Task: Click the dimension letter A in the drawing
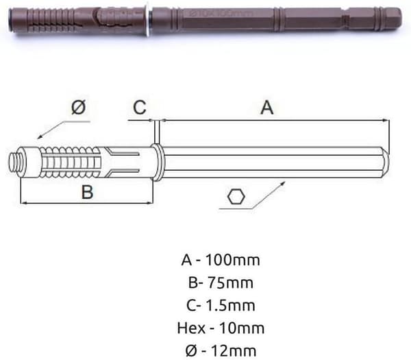pos(267,108)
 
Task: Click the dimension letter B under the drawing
pos(87,192)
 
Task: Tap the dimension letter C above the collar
pos(140,107)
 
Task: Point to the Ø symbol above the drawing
pos(78,107)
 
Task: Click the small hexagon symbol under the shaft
pos(236,197)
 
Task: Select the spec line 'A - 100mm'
pos(221,260)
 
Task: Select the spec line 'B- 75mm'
pos(221,283)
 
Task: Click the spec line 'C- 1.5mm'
pos(221,305)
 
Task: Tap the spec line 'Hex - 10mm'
pos(221,328)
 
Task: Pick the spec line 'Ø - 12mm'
pos(221,351)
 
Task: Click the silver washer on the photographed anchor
pos(149,19)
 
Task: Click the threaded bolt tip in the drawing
pos(14,162)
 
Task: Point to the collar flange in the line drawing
pos(157,162)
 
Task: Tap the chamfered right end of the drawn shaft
pos(386,162)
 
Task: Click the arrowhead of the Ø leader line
pos(39,137)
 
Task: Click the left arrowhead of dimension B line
pos(24,202)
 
